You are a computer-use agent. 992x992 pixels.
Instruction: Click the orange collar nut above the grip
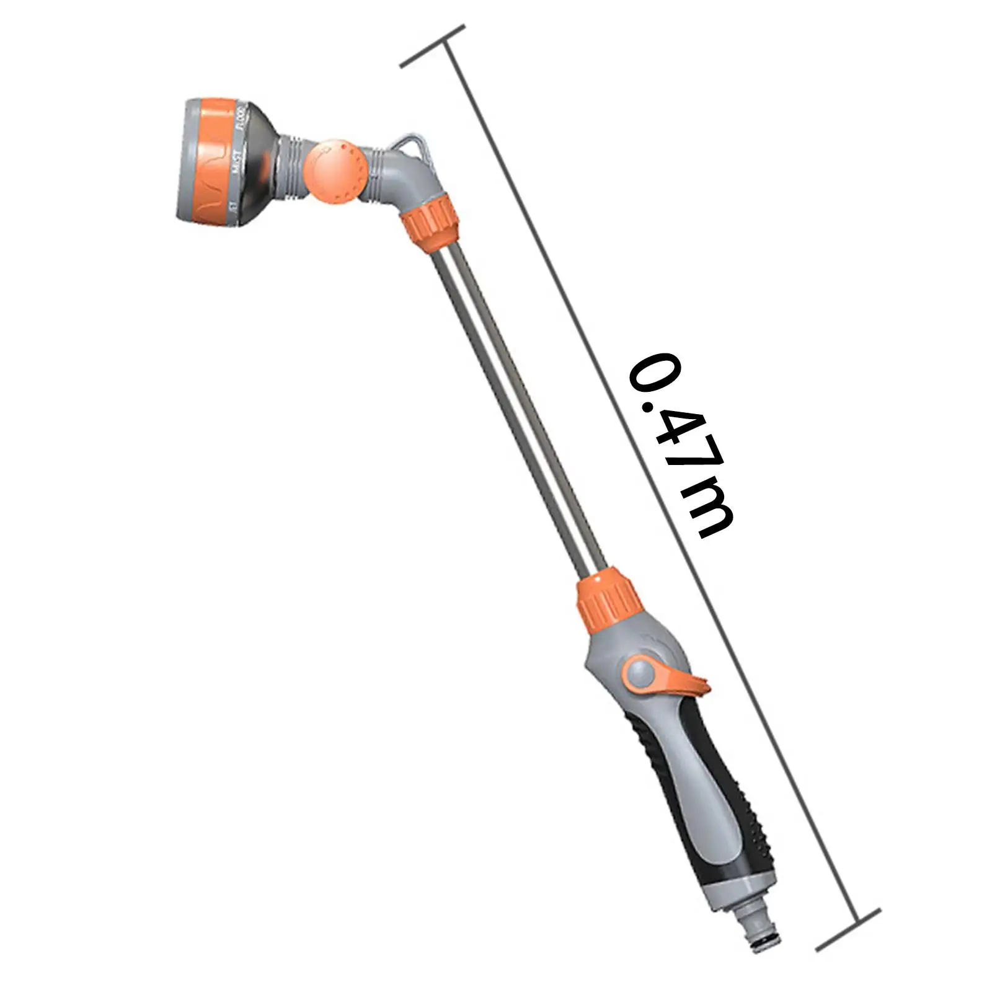click(x=608, y=596)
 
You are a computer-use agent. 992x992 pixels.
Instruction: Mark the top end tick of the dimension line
click(x=433, y=46)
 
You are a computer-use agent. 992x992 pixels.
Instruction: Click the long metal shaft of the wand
click(x=515, y=403)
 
